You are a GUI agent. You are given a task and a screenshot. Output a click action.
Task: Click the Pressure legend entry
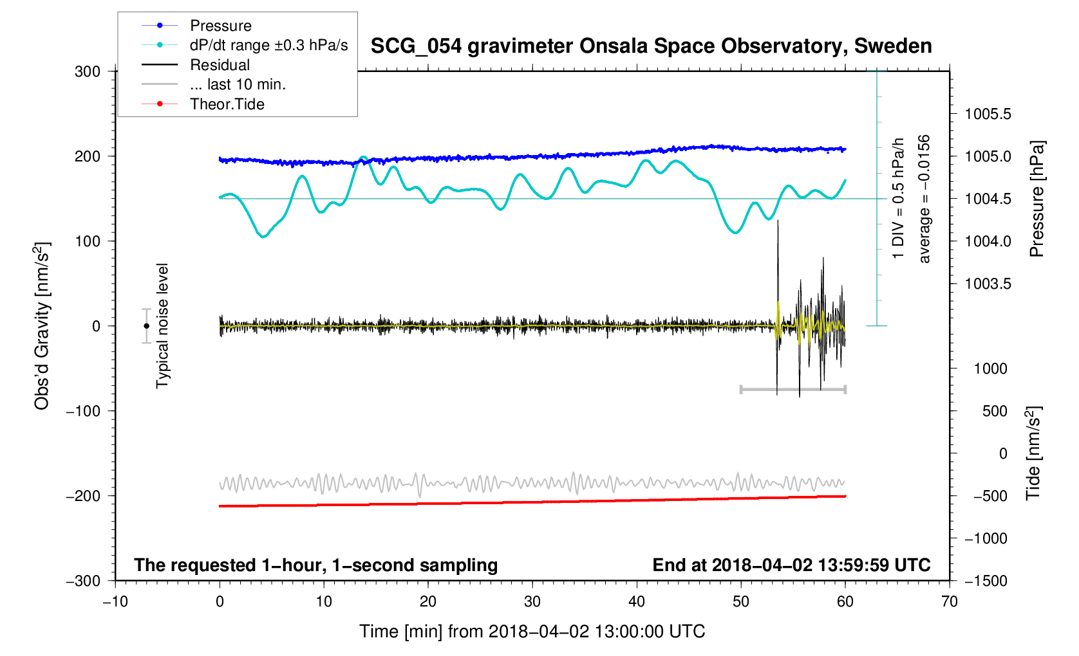pos(220,26)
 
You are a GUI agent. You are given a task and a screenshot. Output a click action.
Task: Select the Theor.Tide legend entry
pos(227,104)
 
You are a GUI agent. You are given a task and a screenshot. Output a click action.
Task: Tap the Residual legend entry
pos(220,65)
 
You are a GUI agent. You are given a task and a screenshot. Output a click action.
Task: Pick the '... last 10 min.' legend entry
pos(238,84)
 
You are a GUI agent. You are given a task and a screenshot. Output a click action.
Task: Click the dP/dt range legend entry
pos(268,45)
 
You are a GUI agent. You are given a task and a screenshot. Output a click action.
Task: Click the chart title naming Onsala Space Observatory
pos(651,46)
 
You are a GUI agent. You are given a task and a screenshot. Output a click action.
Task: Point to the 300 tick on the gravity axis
pos(88,71)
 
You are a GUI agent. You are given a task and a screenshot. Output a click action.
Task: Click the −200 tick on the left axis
pos(84,496)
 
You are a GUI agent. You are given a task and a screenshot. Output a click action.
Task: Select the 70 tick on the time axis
pos(949,601)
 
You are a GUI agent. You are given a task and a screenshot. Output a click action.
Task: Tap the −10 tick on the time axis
pos(115,601)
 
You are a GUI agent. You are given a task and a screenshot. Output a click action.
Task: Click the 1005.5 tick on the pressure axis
pos(988,114)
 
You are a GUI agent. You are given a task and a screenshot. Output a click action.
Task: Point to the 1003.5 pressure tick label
pos(988,284)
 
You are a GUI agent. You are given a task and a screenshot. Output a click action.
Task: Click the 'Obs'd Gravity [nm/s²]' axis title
pos(42,326)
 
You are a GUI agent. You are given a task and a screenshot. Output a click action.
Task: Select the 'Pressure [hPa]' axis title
pos(1037,199)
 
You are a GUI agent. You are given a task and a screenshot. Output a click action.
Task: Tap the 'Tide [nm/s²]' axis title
pos(1034,453)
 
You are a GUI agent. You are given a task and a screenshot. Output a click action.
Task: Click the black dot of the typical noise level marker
pos(146,326)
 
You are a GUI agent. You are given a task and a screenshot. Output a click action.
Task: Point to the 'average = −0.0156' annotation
pos(924,199)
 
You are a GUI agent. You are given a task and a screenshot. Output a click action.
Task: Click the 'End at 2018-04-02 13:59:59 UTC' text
pos(791,565)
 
